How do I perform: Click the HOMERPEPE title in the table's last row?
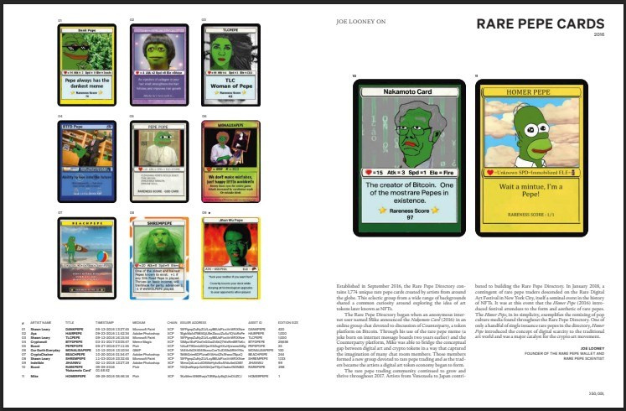[x=76, y=379]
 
